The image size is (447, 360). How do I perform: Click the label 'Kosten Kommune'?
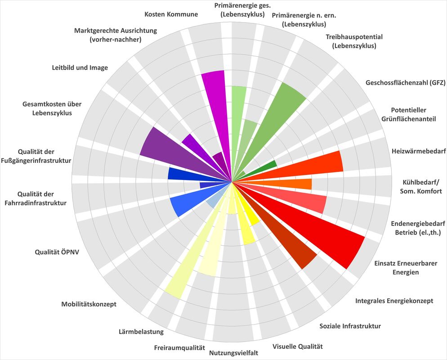[x=171, y=14]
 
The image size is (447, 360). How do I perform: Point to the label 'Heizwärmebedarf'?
[x=419, y=151]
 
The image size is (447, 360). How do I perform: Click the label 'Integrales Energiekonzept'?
[x=394, y=301]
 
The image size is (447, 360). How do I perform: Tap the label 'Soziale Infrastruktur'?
[x=350, y=326]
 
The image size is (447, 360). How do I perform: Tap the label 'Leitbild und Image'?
[x=80, y=67]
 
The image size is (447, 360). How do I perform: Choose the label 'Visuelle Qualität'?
[x=298, y=346]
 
